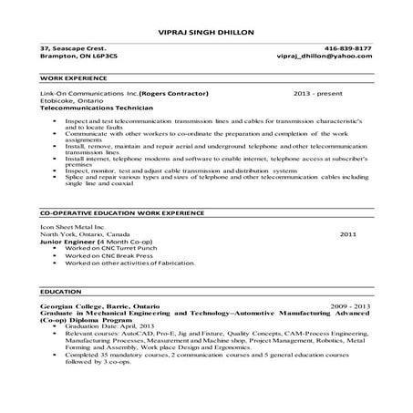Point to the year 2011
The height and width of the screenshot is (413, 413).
coord(347,234)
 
